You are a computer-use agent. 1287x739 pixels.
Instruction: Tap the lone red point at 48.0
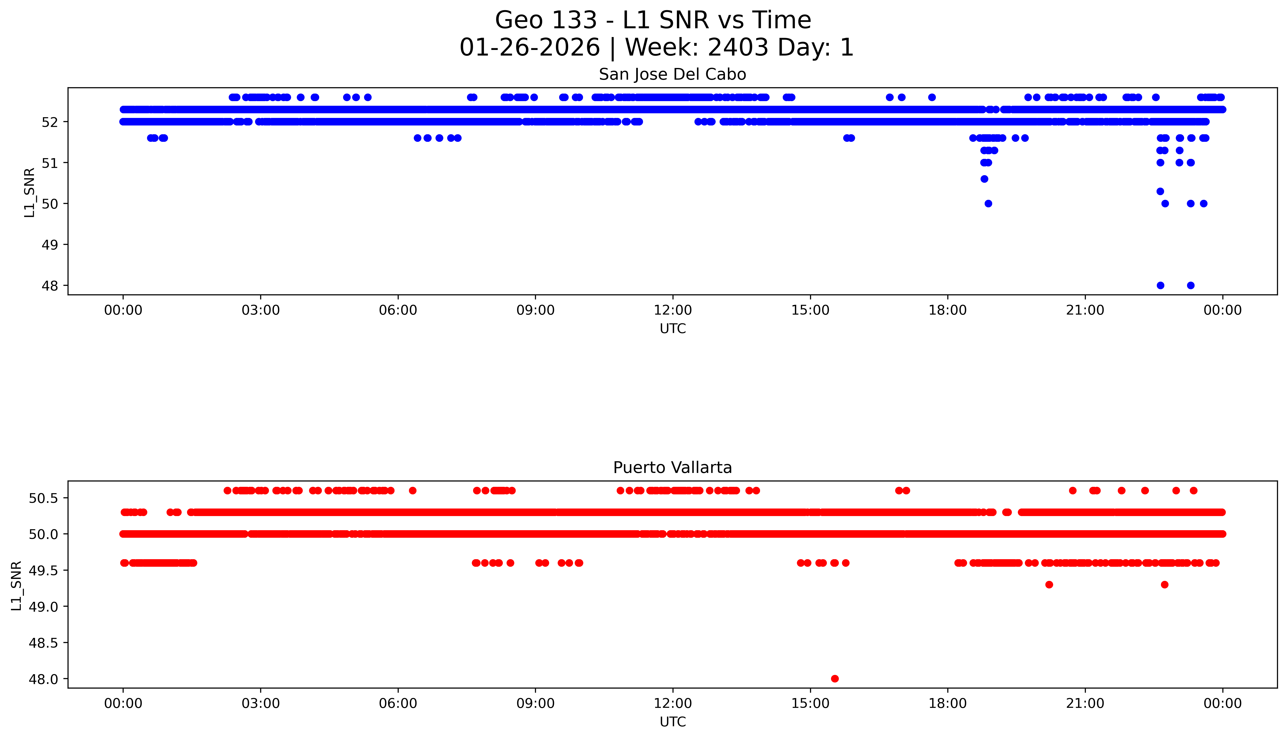point(834,679)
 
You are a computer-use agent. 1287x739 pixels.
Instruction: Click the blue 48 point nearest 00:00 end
point(1190,285)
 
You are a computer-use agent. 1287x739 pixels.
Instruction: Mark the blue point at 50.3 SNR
point(1160,191)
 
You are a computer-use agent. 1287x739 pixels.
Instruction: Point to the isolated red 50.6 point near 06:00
point(412,490)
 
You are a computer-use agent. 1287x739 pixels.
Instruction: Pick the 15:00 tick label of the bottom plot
point(810,703)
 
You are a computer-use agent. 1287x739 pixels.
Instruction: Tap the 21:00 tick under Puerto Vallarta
point(1085,703)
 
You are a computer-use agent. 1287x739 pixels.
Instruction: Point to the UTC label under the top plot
point(673,329)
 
